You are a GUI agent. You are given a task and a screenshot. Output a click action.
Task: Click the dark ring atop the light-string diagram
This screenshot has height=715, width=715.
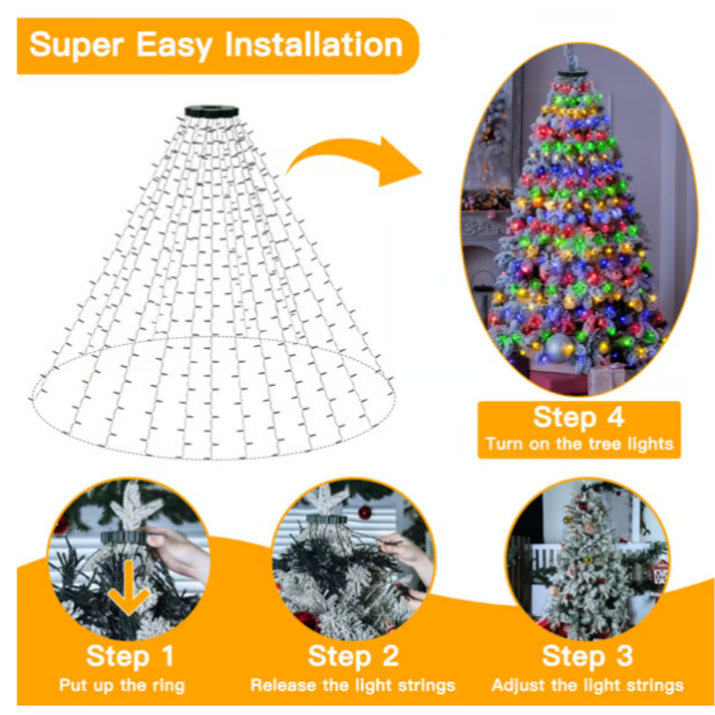point(212,113)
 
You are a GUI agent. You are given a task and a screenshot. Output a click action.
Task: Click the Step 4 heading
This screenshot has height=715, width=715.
point(578,417)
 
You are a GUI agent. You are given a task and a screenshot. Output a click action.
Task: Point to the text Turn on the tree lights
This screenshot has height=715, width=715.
point(578,443)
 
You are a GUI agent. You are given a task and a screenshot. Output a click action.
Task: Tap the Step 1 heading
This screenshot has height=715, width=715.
point(130,656)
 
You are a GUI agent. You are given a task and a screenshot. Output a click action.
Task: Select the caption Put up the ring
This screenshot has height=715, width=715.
point(122,686)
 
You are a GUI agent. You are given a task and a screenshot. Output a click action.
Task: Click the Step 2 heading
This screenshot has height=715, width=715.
point(353,656)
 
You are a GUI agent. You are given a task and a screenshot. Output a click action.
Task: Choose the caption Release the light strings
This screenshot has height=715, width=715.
point(353,686)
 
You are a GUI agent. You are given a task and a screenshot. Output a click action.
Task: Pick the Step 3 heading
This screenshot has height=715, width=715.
point(587,656)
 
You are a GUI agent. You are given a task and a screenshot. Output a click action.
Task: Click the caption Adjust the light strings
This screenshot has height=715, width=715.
point(587,686)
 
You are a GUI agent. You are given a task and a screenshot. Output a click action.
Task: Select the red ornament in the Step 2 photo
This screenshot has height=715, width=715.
point(365,513)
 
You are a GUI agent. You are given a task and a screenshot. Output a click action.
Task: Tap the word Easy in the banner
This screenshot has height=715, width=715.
point(175,45)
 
